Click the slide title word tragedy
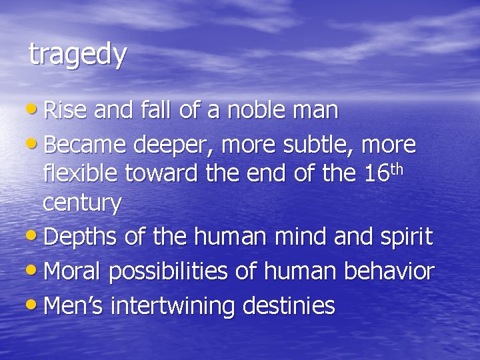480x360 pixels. tap(77, 55)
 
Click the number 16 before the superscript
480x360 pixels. tap(377, 174)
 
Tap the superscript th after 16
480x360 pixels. tap(397, 167)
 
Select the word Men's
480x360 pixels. tap(73, 306)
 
